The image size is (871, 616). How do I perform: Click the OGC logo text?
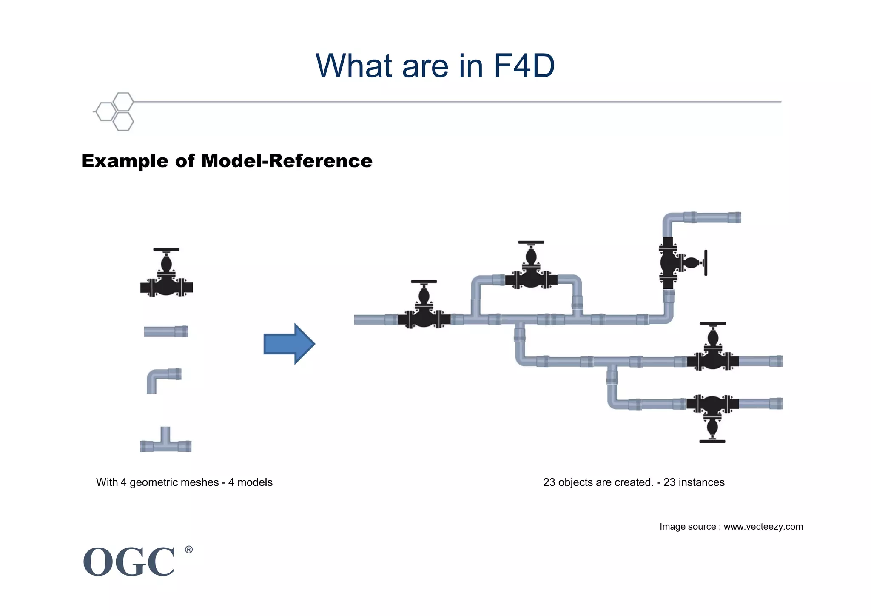pyautogui.click(x=129, y=562)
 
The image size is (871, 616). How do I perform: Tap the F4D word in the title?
pyautogui.click(x=524, y=66)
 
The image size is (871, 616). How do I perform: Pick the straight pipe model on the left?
pyautogui.click(x=166, y=331)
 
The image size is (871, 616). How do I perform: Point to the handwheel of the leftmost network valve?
pyautogui.click(x=424, y=282)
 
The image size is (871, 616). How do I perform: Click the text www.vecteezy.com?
pyautogui.click(x=763, y=527)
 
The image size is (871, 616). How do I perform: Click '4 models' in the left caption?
pyautogui.click(x=250, y=482)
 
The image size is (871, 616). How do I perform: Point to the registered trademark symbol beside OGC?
pyautogui.click(x=189, y=550)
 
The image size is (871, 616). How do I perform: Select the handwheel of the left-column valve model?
pyautogui.click(x=166, y=250)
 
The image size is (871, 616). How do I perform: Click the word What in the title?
pyautogui.click(x=353, y=66)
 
